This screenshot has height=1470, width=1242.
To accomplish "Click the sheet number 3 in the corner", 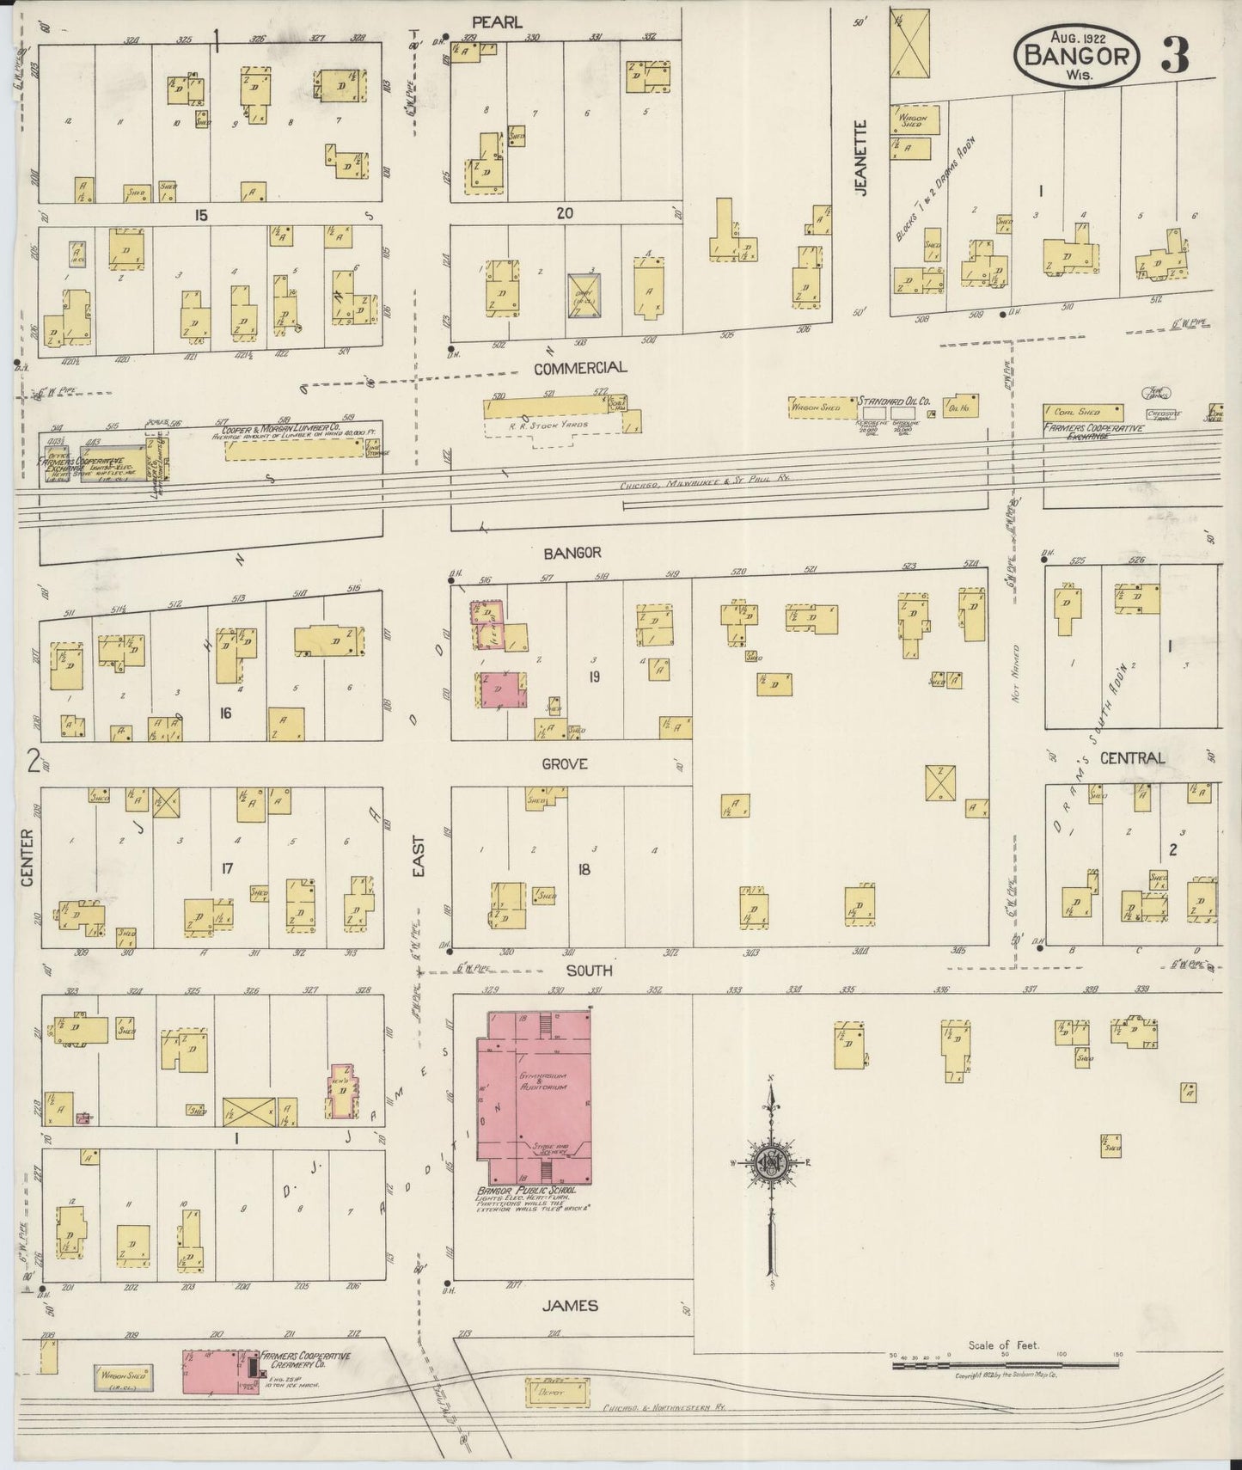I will click(x=1175, y=55).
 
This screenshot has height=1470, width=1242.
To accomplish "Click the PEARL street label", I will click(x=496, y=23).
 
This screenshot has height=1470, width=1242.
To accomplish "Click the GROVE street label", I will click(x=564, y=763).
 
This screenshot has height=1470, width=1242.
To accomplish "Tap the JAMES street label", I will click(x=570, y=1305).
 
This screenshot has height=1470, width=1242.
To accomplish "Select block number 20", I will click(x=564, y=213).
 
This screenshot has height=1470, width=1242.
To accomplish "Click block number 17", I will click(x=227, y=869).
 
